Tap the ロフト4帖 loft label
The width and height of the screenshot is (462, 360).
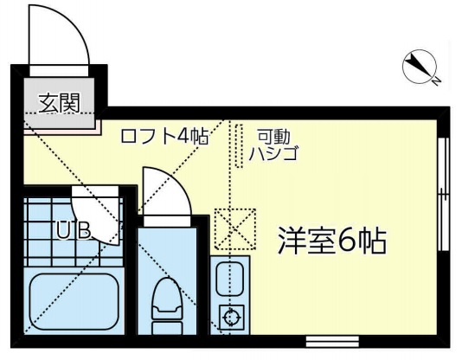point(164,135)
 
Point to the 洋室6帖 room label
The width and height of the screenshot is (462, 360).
point(331,241)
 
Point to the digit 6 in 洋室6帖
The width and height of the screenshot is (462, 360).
point(349,241)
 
